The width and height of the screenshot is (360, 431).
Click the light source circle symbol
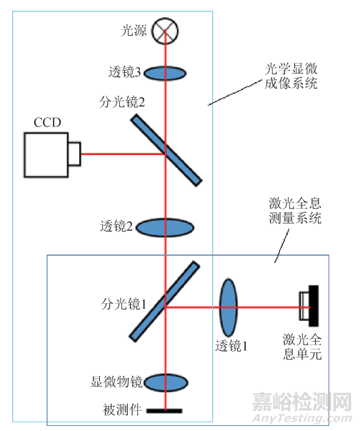pos(166,29)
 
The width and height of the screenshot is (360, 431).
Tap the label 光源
pos(134,31)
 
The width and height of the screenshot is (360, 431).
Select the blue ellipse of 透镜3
pos(166,72)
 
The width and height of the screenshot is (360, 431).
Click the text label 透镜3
pos(124,72)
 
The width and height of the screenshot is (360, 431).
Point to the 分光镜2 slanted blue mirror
pos(166,149)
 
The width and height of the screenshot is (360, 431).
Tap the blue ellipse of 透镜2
pos(166,227)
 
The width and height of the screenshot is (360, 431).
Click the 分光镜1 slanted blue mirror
pos(165,301)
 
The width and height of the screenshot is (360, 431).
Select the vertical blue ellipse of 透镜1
pos(228,307)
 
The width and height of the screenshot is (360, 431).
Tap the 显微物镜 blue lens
pos(166,382)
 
